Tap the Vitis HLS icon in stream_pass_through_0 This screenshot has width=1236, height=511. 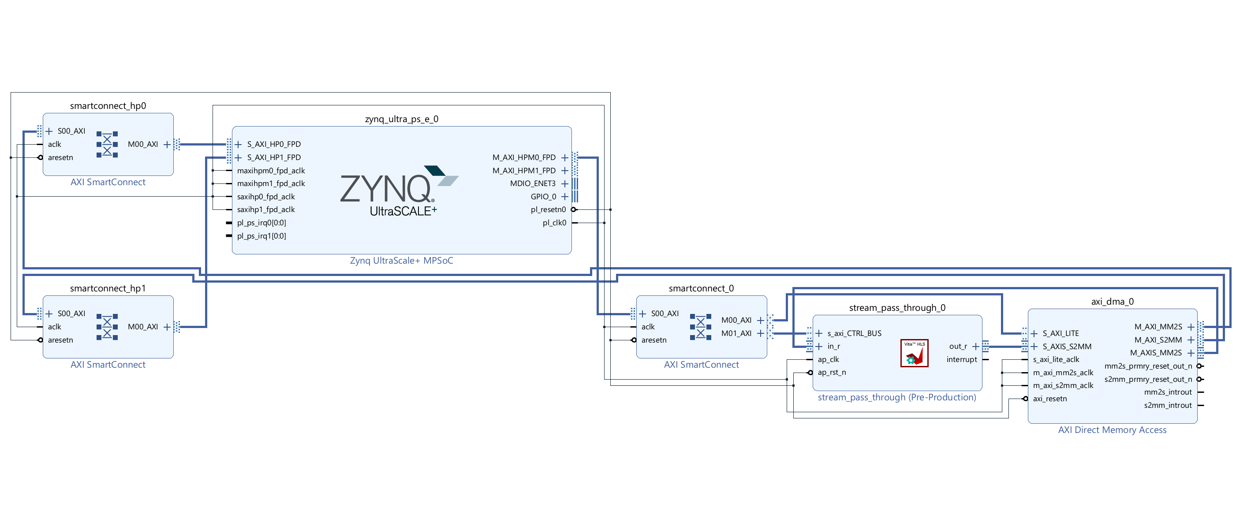[914, 353]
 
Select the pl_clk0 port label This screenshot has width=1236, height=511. [554, 223]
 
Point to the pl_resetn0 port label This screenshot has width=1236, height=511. [548, 210]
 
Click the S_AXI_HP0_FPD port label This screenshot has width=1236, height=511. [273, 144]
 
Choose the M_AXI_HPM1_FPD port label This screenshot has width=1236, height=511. [523, 170]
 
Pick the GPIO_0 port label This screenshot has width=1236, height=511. [543, 197]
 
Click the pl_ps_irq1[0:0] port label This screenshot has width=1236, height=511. [261, 236]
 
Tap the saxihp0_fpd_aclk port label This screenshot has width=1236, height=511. [266, 197]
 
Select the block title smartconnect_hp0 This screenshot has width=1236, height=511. [108, 105]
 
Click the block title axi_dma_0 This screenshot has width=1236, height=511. [1112, 301]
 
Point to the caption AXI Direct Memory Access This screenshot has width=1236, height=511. [1112, 430]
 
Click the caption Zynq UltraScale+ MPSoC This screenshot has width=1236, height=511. [401, 261]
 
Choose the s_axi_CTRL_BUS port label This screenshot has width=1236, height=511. [854, 333]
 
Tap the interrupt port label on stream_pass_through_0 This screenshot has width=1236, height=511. [962, 359]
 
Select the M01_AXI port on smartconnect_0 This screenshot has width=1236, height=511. [736, 333]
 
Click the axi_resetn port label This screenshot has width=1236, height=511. [1050, 399]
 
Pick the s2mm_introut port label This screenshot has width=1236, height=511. [1167, 406]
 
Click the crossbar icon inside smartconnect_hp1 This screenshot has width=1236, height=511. [107, 327]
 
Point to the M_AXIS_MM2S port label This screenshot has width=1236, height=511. [1155, 353]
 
